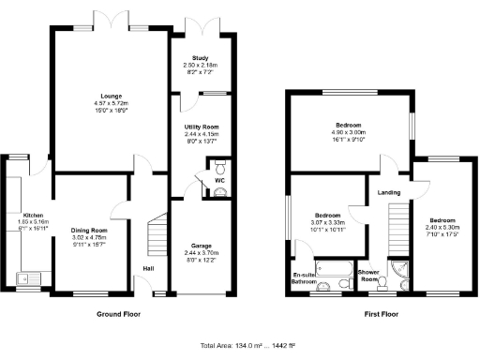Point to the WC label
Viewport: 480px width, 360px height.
tap(218, 179)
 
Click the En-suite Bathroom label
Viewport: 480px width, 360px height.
tap(304, 277)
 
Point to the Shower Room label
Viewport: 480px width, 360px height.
tap(373, 277)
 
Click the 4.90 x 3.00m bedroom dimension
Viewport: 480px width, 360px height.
tap(349, 132)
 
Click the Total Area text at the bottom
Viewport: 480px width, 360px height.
tap(240, 344)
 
